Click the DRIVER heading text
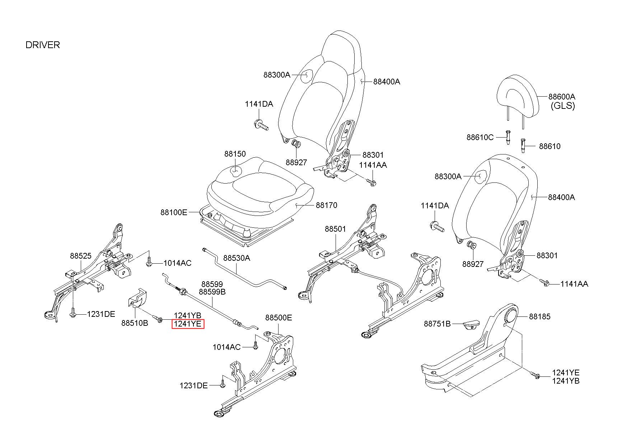pyautogui.click(x=43, y=45)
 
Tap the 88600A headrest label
pyautogui.click(x=561, y=97)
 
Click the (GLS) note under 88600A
pyautogui.click(x=563, y=106)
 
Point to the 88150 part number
pyautogui.click(x=235, y=154)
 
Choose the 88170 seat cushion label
pyautogui.click(x=326, y=205)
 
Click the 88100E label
pyautogui.click(x=174, y=212)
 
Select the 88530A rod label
pyautogui.click(x=237, y=258)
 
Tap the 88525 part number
pyautogui.click(x=81, y=256)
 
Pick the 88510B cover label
pyautogui.click(x=135, y=323)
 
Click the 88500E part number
pyautogui.click(x=279, y=318)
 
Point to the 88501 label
pyautogui.click(x=335, y=229)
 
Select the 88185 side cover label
pyautogui.click(x=539, y=316)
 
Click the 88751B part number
pyautogui.click(x=437, y=324)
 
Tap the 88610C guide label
pyautogui.click(x=480, y=137)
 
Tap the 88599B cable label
pyautogui.click(x=212, y=292)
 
